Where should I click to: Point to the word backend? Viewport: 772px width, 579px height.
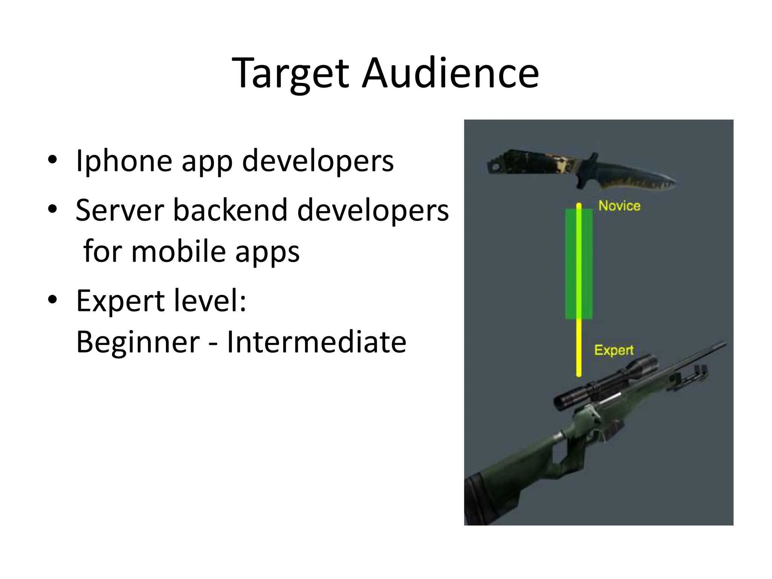tap(230, 210)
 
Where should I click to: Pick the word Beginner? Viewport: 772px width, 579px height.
tap(138, 342)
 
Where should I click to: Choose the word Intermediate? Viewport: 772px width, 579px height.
tap(316, 342)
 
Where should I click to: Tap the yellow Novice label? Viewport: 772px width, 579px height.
tap(619, 206)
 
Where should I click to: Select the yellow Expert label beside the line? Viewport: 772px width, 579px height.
tap(614, 350)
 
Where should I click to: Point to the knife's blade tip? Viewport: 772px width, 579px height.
tap(673, 184)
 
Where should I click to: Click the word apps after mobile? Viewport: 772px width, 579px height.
tap(267, 251)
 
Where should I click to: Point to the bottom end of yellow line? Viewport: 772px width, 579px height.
tap(579, 374)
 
